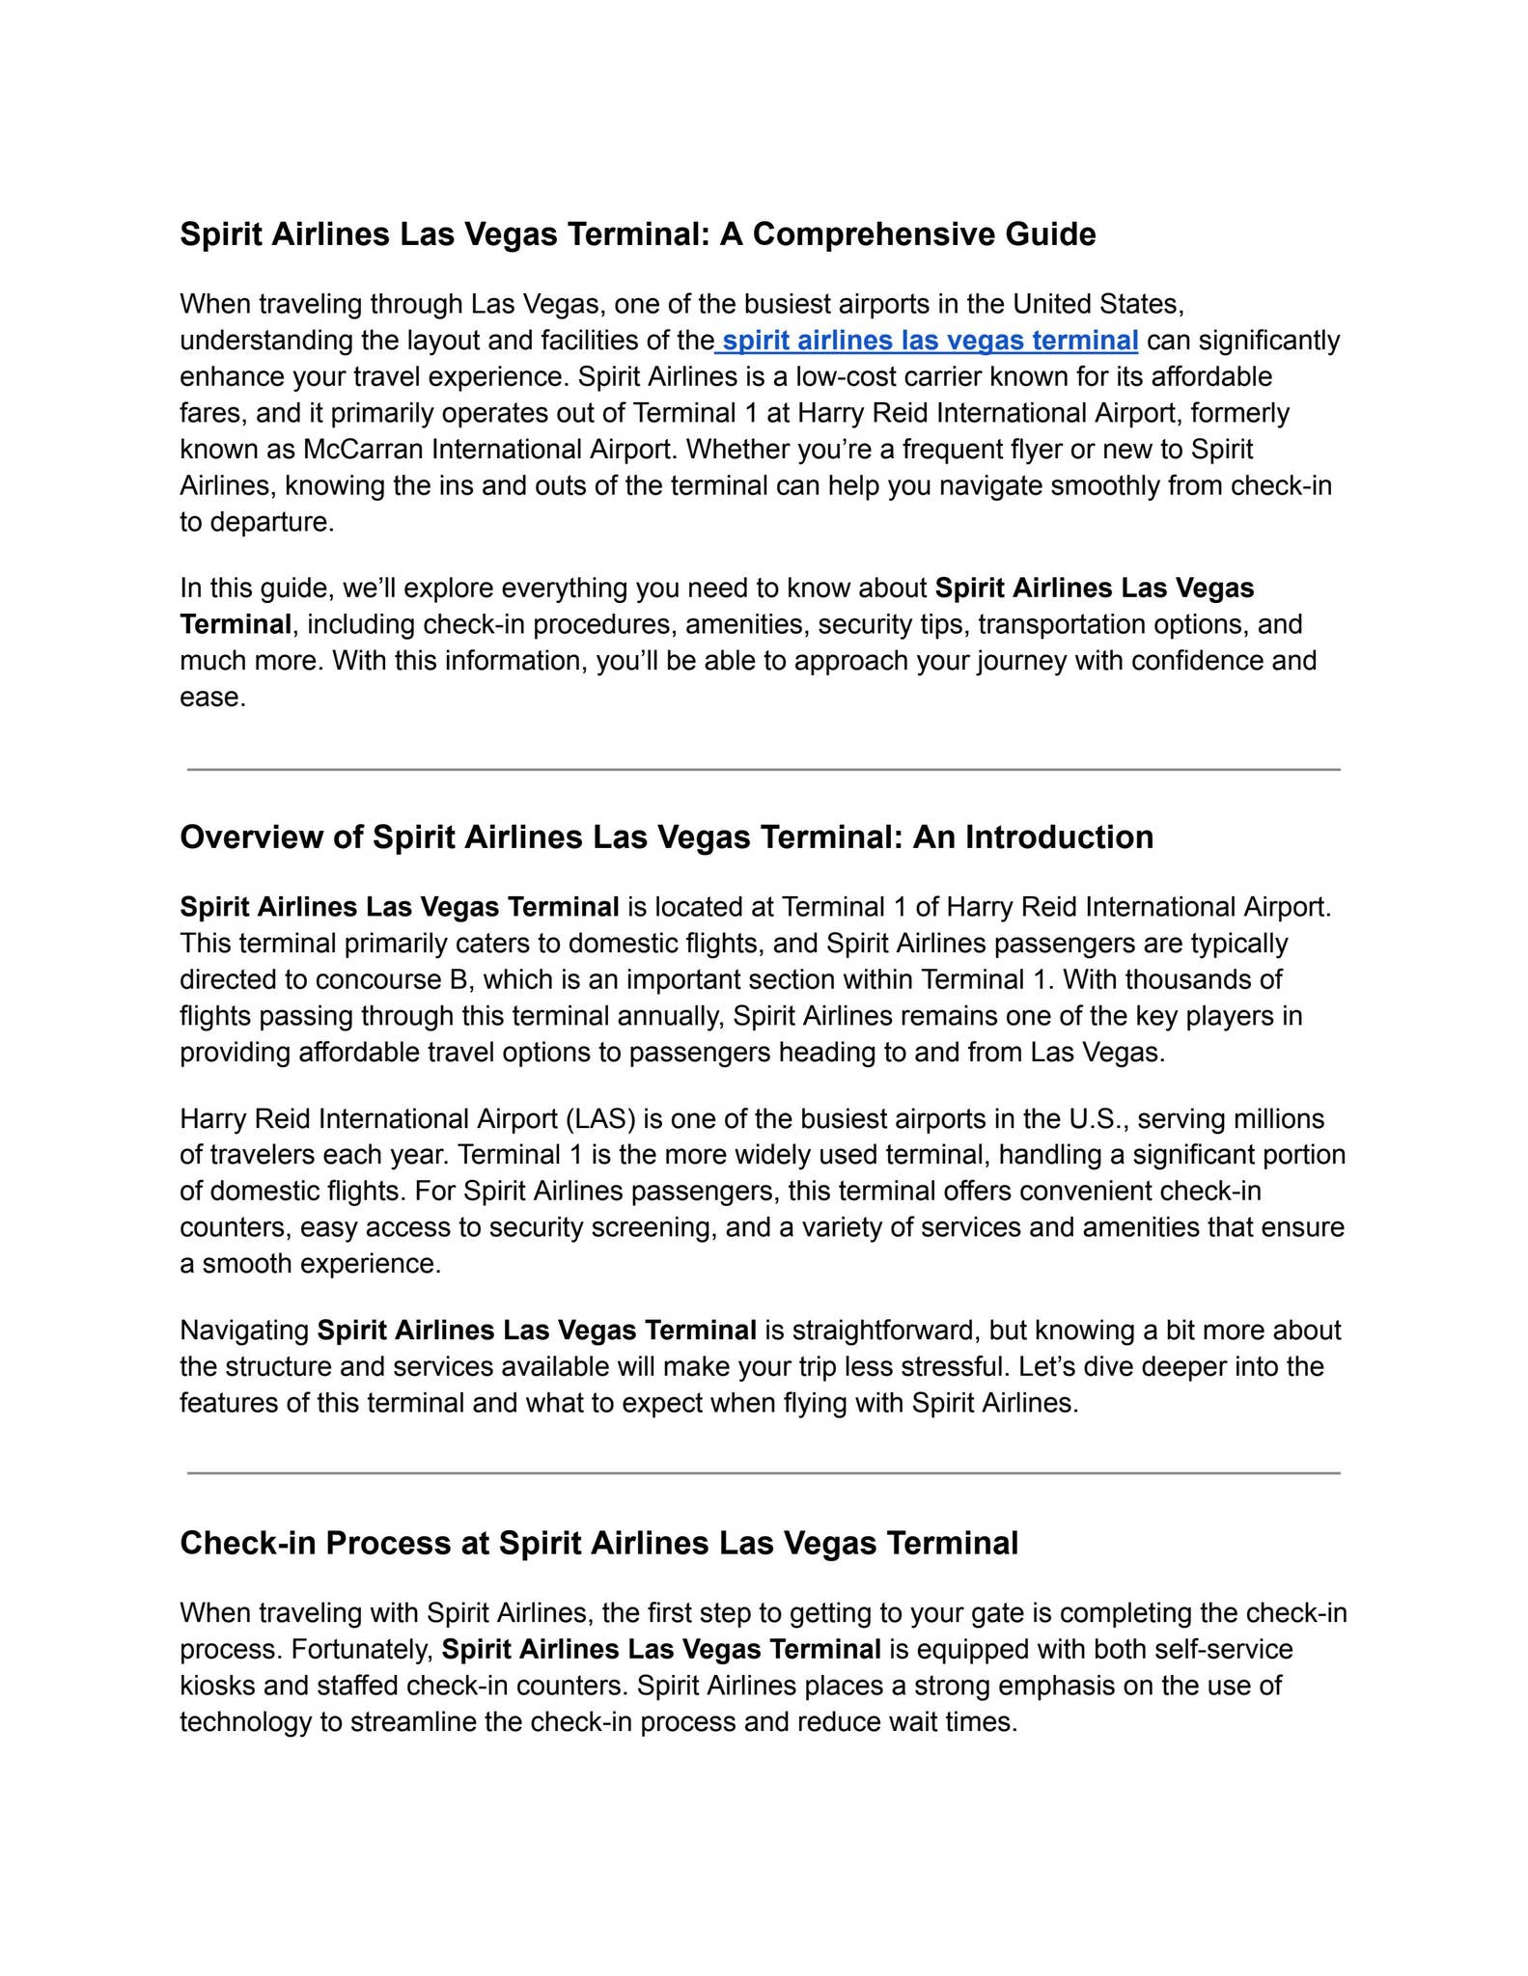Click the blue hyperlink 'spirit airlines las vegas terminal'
[x=930, y=341]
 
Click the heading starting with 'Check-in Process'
[x=598, y=1543]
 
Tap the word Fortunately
[x=362, y=1650]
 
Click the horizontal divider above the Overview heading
[x=764, y=770]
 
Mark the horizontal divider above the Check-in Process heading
[x=764, y=1473]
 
